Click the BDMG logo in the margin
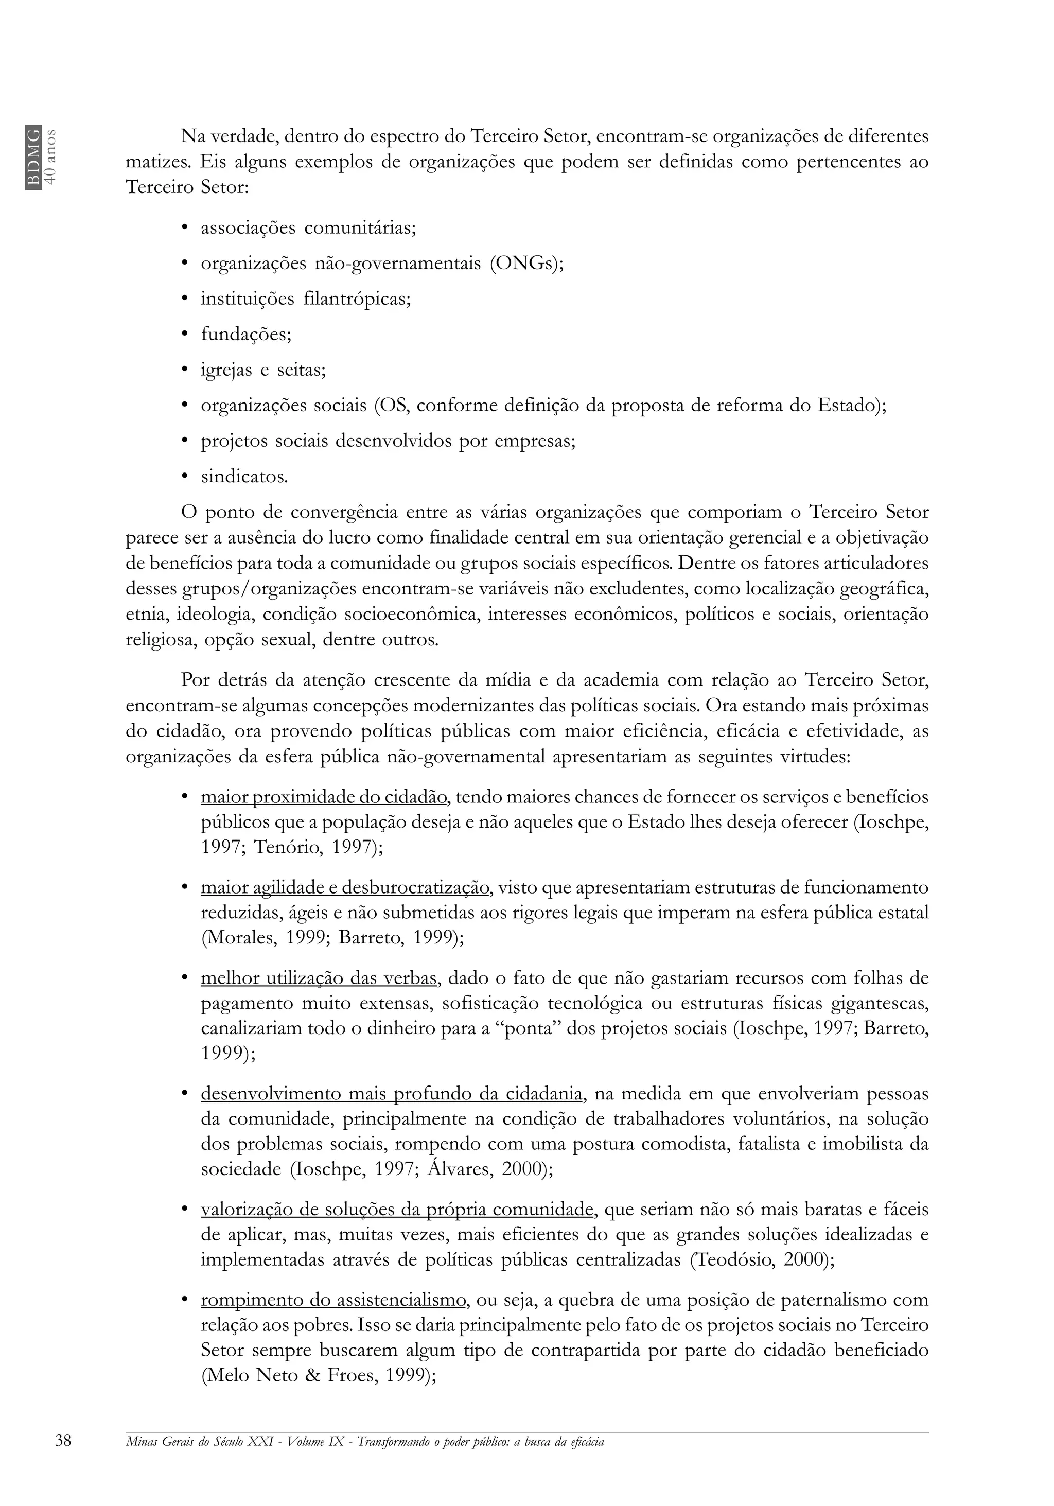point(33,157)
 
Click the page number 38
point(64,1441)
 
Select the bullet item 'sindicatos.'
point(244,477)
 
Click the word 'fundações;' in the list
point(246,335)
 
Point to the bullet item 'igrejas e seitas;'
point(263,370)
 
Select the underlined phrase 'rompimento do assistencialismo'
point(334,1300)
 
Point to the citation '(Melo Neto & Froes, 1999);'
point(318,1375)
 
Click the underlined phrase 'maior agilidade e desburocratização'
point(345,887)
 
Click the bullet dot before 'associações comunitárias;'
point(185,228)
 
